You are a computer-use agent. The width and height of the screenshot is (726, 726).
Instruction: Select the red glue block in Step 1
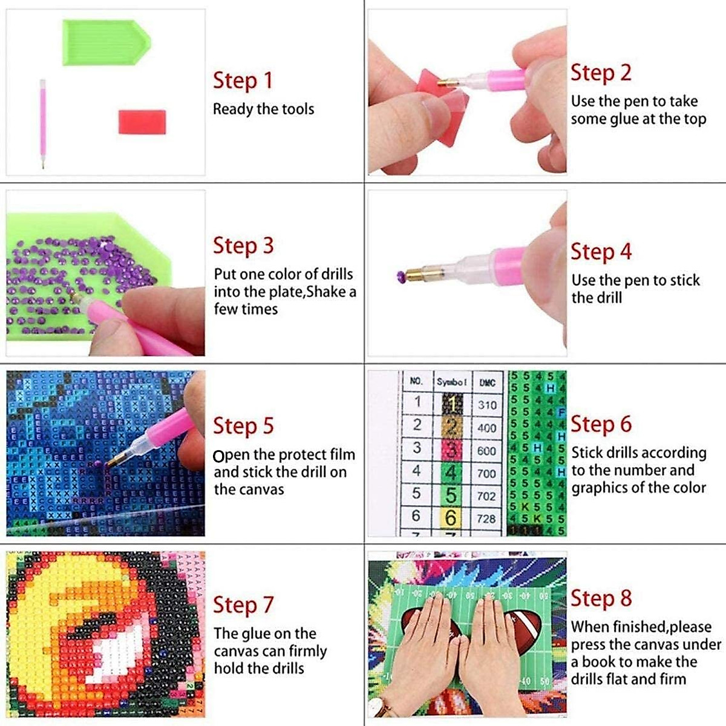point(142,122)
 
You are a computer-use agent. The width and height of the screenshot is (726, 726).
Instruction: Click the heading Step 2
point(601,73)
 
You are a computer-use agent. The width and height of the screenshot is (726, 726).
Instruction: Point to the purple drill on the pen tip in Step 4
point(401,276)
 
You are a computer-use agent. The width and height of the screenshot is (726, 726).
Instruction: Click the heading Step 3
point(243,246)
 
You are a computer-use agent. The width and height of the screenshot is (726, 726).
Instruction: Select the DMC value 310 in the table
point(486,405)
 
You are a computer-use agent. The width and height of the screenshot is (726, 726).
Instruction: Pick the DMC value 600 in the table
point(486,451)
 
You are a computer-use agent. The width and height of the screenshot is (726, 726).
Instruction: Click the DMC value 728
point(486,518)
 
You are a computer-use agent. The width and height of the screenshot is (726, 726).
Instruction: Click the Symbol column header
point(452,382)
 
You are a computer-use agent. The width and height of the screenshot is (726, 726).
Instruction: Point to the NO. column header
point(416,381)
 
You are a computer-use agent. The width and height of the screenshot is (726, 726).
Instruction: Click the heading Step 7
point(243,605)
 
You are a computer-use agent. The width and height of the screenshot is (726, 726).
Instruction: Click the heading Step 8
point(601,598)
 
